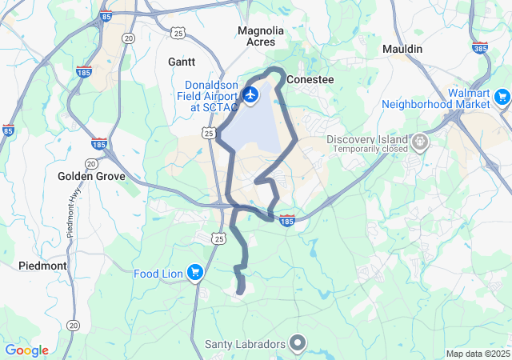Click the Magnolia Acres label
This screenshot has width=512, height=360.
coord(261,36)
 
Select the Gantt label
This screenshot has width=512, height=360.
coord(182,61)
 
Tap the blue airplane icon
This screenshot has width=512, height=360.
coord(250,96)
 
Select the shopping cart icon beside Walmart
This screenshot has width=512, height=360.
coord(502,98)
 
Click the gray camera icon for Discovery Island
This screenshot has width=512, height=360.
coord(420,143)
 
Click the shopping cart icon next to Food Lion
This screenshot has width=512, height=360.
coord(194,274)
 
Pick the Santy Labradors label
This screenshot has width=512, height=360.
coord(245,345)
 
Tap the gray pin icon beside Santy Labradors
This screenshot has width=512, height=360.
coord(298,344)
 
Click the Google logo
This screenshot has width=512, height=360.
coord(27,350)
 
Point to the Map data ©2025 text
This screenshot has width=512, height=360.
coord(478,354)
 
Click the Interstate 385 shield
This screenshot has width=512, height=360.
coord(480,49)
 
